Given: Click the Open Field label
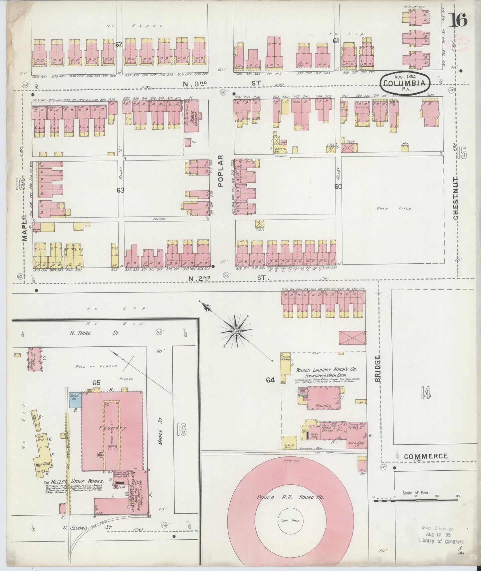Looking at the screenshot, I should click(394, 209).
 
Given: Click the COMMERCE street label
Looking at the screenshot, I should click(425, 456).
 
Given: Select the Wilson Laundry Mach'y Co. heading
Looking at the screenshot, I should click(325, 370).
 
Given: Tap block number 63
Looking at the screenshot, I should click(120, 190).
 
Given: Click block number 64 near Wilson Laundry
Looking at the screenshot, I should click(270, 379).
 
